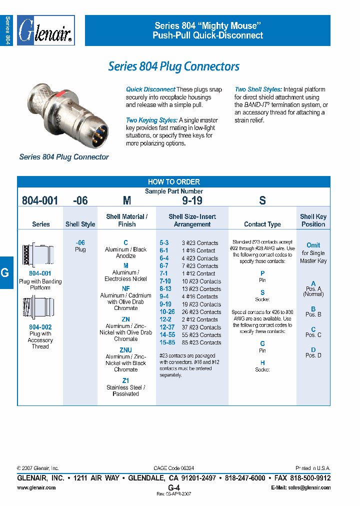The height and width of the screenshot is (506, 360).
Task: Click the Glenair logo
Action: (x=45, y=31)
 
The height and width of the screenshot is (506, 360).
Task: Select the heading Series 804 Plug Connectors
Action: (x=173, y=66)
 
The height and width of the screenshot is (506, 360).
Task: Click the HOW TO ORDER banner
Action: (x=173, y=182)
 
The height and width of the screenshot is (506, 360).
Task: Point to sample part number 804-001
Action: (x=40, y=201)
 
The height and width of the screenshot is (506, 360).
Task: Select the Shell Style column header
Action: (x=80, y=224)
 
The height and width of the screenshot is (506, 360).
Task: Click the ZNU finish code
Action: (x=125, y=350)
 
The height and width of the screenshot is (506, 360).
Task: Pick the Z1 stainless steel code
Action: (x=125, y=380)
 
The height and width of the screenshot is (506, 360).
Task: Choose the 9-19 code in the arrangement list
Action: (x=165, y=304)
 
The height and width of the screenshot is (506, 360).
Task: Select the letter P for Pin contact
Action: (x=262, y=273)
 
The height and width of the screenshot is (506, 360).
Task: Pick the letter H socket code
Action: (x=262, y=363)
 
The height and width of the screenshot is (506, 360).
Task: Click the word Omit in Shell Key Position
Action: (x=313, y=245)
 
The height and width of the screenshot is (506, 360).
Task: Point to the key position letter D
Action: (x=313, y=349)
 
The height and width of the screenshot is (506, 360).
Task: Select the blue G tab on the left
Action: (x=6, y=272)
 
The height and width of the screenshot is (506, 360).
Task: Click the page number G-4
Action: (x=173, y=487)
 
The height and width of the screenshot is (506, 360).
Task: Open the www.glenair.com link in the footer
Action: (x=36, y=487)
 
